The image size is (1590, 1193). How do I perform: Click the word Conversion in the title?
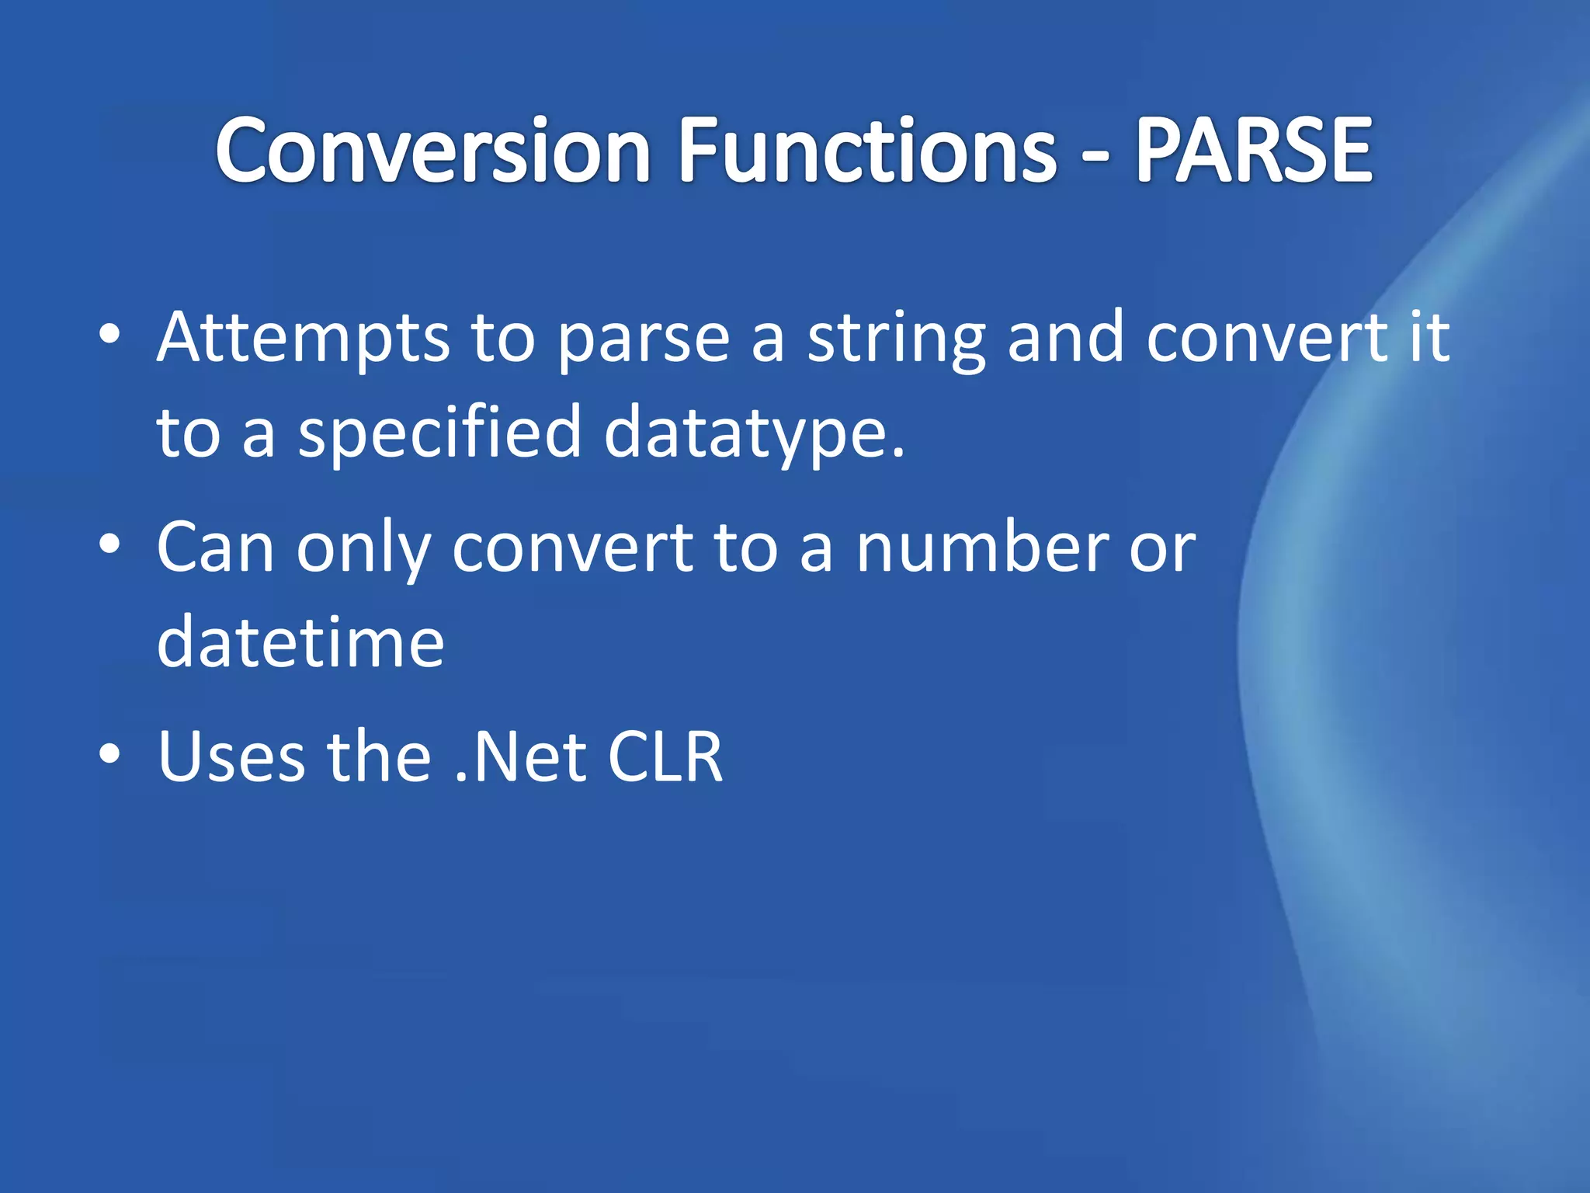(x=432, y=151)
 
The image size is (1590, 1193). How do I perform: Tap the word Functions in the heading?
(x=866, y=151)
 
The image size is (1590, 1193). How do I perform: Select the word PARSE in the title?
(x=1254, y=151)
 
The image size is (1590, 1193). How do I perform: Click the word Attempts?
(x=303, y=339)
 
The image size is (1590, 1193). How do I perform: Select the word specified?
(x=439, y=433)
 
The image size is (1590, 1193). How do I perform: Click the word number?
(x=982, y=548)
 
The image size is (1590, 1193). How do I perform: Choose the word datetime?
(x=300, y=643)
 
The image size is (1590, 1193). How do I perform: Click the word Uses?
(x=231, y=756)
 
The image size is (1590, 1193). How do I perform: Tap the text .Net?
(x=521, y=756)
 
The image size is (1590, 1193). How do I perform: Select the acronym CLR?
(x=665, y=756)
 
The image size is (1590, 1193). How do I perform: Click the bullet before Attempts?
(x=110, y=335)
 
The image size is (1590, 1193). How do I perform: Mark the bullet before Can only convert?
(x=110, y=544)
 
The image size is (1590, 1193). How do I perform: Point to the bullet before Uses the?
(x=110, y=753)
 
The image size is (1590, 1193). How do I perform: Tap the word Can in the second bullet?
(x=215, y=548)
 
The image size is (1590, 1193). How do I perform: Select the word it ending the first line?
(x=1430, y=339)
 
